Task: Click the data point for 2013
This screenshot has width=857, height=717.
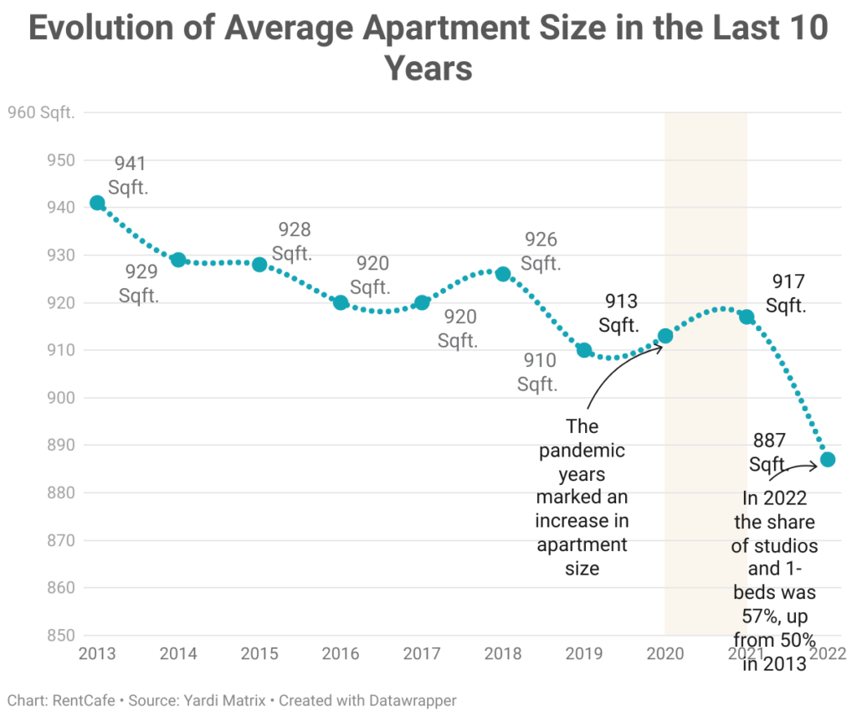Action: click(97, 203)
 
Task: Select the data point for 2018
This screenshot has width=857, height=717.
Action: click(503, 274)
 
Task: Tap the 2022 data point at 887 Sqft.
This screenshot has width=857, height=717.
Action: click(827, 459)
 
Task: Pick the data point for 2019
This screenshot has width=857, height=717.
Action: click(584, 350)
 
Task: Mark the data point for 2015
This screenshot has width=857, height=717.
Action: click(259, 265)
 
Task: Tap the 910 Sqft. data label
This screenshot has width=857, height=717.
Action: click(537, 373)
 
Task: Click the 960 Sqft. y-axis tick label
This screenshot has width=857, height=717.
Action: click(40, 112)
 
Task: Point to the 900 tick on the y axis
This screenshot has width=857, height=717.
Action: click(60, 398)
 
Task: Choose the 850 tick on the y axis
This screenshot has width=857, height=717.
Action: click(60, 635)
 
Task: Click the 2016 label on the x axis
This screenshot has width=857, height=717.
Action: click(341, 653)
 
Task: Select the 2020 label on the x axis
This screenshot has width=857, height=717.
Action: click(665, 653)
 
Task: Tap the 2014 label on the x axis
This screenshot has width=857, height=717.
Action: click(178, 653)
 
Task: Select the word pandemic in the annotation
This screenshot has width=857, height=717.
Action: click(582, 451)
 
